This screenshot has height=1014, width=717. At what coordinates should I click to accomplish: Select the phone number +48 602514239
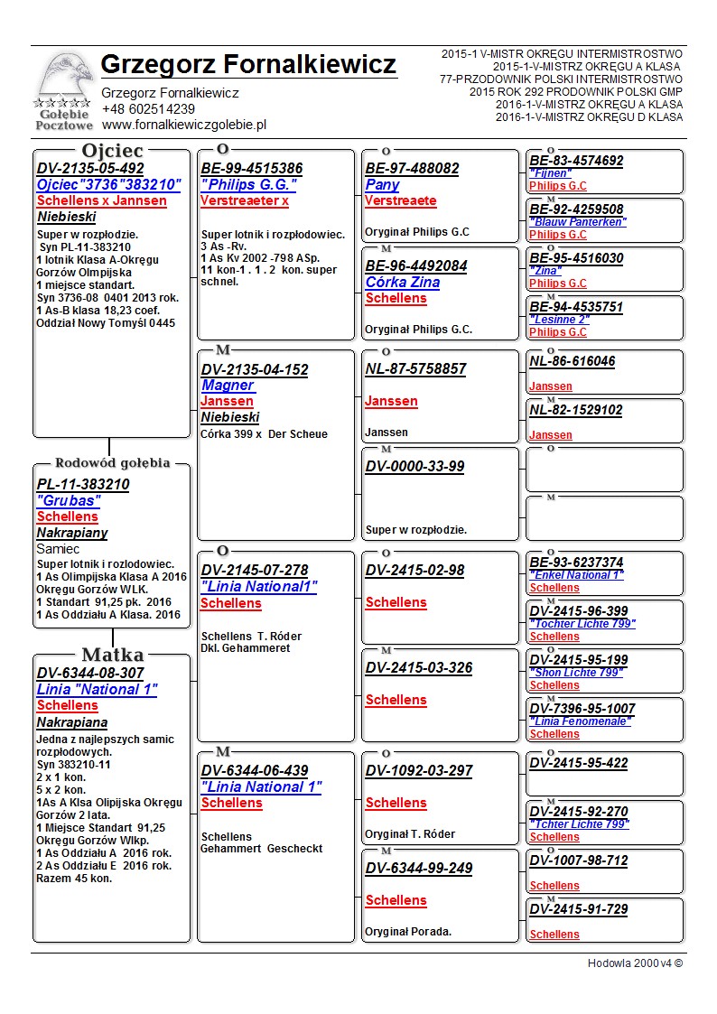coord(148,109)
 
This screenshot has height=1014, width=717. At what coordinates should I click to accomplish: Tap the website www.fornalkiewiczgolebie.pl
coord(183,126)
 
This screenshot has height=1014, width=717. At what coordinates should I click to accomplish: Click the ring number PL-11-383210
coord(83,485)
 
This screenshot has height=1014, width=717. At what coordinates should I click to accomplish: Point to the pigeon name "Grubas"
coord(69,500)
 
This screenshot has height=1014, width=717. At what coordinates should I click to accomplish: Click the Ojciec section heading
coord(112,150)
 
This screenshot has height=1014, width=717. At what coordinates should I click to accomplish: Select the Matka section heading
coord(112,655)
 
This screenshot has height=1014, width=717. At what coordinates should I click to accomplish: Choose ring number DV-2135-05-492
coord(90,169)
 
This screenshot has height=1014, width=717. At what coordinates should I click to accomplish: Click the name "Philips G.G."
coord(248,184)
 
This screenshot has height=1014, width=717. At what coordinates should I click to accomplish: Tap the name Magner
coord(228,386)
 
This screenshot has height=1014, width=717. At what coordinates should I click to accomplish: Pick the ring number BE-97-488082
coord(412,169)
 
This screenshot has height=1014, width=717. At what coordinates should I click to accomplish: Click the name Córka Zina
coord(403,283)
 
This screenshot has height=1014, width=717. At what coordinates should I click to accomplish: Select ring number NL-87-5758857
coord(415,369)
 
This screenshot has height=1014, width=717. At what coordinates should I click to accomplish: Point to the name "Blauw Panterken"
coord(578,222)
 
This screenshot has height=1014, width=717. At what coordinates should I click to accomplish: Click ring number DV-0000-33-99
coord(414,467)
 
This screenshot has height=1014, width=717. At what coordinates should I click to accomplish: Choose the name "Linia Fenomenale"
coord(581,721)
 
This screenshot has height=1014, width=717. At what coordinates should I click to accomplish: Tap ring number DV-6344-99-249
coord(418,869)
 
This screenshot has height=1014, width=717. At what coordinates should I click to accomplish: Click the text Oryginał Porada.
coord(408,931)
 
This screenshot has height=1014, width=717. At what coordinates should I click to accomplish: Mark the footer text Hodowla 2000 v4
coord(635,963)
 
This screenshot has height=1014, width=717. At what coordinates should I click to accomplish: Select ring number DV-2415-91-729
coord(578,909)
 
